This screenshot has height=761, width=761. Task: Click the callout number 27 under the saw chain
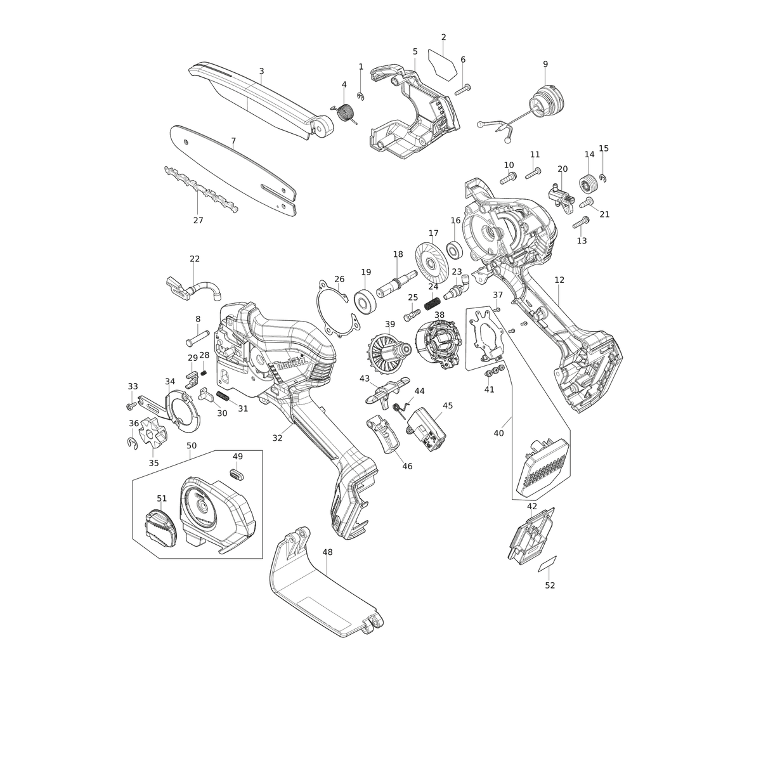pyautogui.click(x=198, y=220)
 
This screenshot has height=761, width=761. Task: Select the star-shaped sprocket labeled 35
pyautogui.click(x=154, y=434)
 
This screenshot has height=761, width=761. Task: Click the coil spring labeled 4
pyautogui.click(x=346, y=113)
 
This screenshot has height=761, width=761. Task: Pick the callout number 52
pyautogui.click(x=550, y=585)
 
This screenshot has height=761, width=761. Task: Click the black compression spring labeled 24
pyautogui.click(x=433, y=304)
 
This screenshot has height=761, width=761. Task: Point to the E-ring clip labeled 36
pyautogui.click(x=133, y=443)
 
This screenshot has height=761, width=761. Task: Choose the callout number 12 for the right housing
pyautogui.click(x=559, y=280)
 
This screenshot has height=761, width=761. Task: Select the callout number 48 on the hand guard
pyautogui.click(x=327, y=552)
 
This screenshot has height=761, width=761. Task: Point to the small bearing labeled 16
pyautogui.click(x=455, y=250)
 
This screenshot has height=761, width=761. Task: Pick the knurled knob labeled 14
pyautogui.click(x=589, y=184)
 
